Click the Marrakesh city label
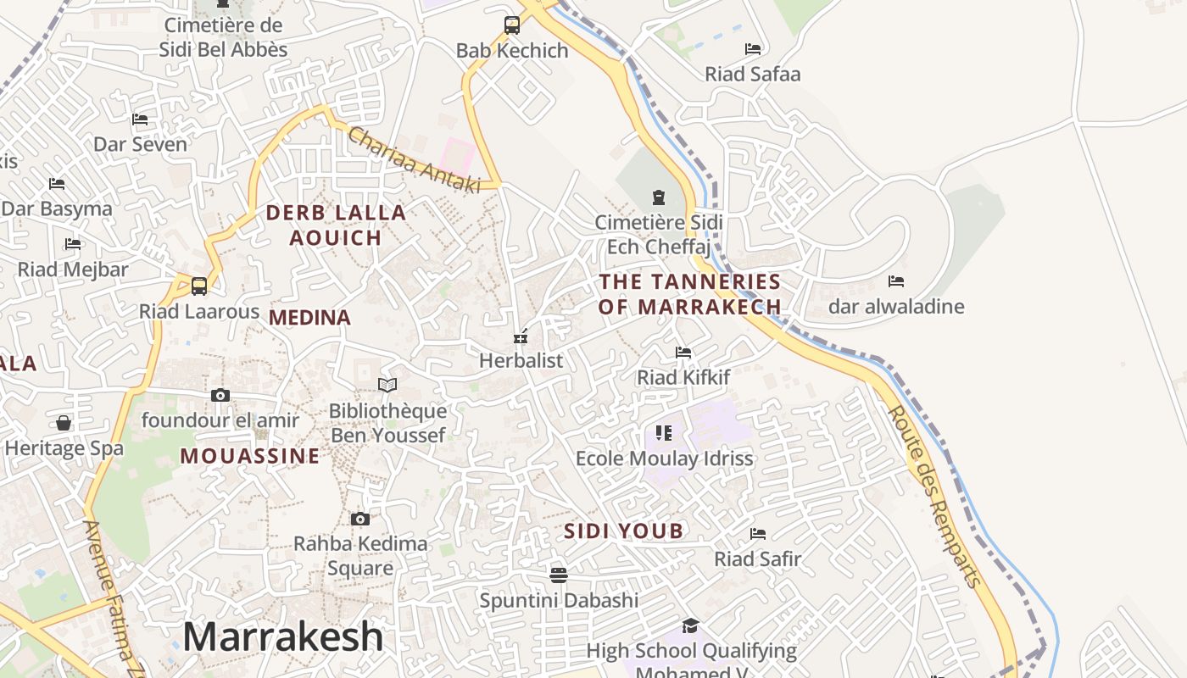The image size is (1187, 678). pos(282,636)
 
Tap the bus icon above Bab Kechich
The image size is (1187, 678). pos(512,25)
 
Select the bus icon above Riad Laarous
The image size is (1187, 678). pos(199,286)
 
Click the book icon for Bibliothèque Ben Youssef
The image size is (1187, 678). pos(387,385)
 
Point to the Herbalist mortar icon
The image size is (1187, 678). pos(521,336)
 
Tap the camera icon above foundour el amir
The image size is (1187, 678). pos(220,395)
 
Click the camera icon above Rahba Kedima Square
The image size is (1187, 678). pos(360,519)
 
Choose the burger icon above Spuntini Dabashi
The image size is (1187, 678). pos(558,575)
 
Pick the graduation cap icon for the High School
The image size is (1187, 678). pos(691,626)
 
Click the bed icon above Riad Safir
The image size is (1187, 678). pos(758,534)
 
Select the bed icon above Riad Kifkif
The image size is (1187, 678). pos(683,352)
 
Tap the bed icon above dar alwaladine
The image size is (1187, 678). pos(896,281)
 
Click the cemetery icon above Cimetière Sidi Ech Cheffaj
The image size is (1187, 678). pos(659,198)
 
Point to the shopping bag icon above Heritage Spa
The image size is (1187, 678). pos(64,422)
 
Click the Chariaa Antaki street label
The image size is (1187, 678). pos(414,159)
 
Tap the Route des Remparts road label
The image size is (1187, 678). pos(933,495)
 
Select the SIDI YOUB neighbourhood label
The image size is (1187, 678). pos(623,531)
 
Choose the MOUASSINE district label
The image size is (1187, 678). pos(250,456)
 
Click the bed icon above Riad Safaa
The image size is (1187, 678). pos(753,48)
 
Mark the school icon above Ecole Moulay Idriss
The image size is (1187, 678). pos(664,433)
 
